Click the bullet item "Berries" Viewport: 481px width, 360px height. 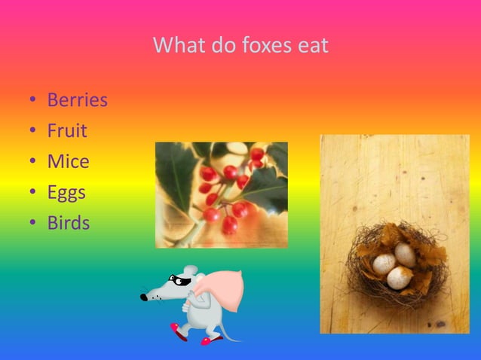click(77, 100)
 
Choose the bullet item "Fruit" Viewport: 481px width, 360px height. click(67, 131)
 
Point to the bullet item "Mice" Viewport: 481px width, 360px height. click(68, 162)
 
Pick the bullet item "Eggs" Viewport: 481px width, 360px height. click(66, 193)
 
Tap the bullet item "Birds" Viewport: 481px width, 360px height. click(68, 224)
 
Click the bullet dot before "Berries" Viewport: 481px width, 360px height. click(32, 101)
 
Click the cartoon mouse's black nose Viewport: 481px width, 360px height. click(144, 297)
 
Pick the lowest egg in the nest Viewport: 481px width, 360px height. click(398, 278)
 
